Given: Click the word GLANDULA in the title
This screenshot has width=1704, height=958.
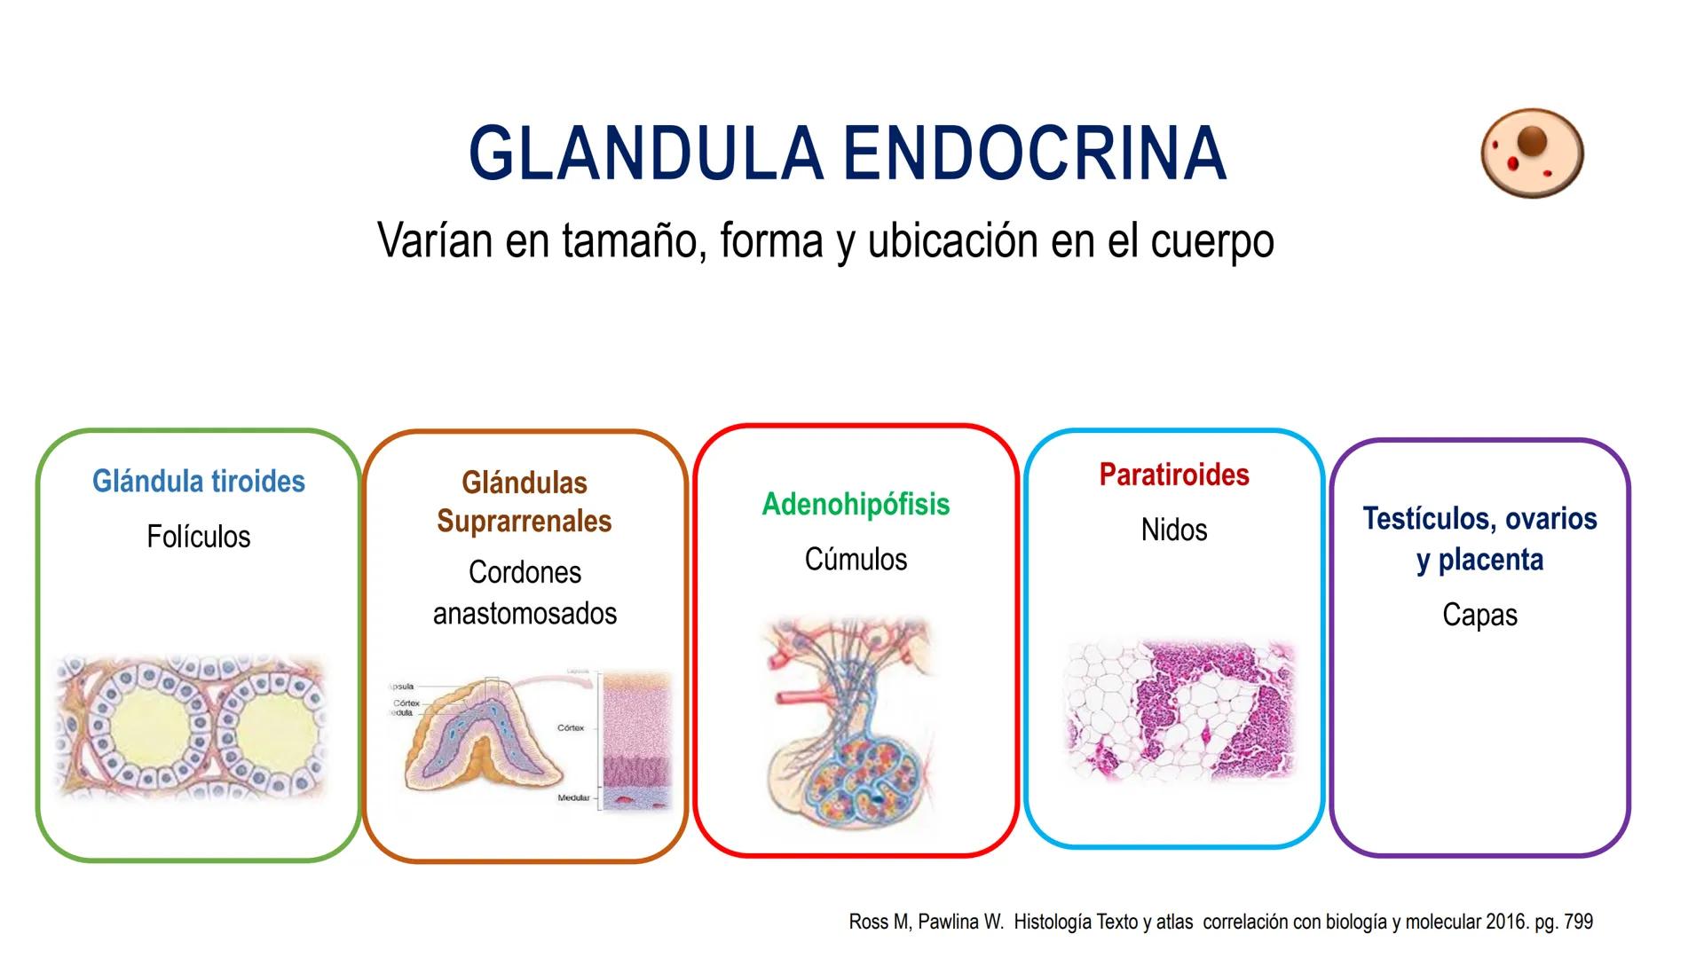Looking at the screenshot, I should tap(646, 153).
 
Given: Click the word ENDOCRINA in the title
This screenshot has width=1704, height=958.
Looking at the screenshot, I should tap(1035, 153).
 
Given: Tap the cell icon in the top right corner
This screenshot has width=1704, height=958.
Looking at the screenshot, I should tap(1532, 153).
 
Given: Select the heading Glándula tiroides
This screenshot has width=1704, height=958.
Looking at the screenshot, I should tap(199, 482).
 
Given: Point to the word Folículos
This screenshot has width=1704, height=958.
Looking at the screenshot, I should tap(199, 537).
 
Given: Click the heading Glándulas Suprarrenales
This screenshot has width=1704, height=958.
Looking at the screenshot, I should tap(525, 502).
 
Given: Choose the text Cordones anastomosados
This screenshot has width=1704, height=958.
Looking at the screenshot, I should tap(525, 593).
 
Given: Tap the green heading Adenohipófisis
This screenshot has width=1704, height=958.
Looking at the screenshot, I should tap(856, 504).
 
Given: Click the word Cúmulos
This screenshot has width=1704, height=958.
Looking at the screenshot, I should tap(856, 560).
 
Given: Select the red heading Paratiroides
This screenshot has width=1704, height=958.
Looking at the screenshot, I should tap(1174, 475).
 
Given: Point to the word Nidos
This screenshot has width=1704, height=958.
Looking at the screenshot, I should tap(1174, 530).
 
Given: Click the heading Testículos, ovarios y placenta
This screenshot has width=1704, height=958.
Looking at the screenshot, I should tap(1479, 538).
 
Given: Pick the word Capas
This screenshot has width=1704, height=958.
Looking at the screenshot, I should tap(1479, 615).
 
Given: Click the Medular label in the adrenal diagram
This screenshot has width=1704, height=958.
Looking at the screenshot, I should tap(573, 798).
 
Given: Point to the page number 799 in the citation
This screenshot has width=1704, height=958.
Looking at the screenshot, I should tap(1578, 922).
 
